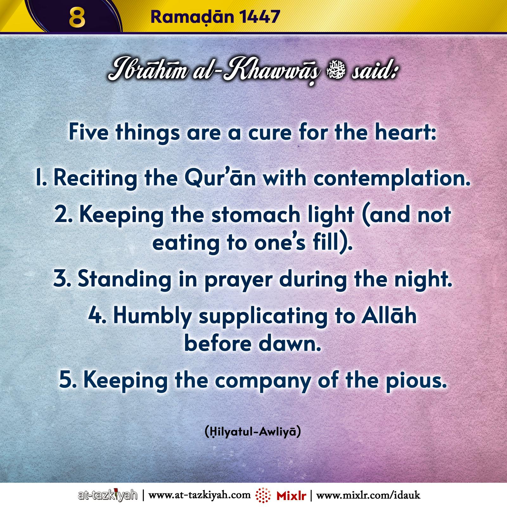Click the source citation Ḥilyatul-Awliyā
click(253, 432)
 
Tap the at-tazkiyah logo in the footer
click(108, 495)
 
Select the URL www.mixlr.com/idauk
click(368, 495)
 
